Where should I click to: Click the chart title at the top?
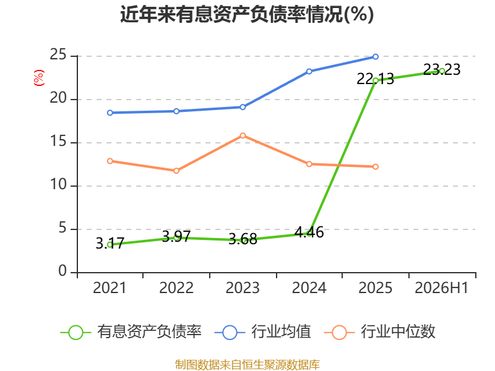point(247,14)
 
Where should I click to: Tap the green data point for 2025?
point(376,81)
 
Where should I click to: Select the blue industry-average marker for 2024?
point(309,72)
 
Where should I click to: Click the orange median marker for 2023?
point(243,135)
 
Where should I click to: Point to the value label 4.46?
point(309,232)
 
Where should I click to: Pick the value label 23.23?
point(442,69)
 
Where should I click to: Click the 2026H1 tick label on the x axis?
point(441,288)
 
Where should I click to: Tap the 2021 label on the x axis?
point(110,288)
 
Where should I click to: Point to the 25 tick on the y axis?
point(58,55)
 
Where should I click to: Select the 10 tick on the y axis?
point(58,184)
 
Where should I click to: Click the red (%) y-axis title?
point(39,78)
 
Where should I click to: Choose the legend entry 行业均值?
point(262,332)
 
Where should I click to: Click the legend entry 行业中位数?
point(379,332)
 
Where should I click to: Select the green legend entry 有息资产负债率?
point(131,332)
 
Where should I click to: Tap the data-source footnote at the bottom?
point(247,365)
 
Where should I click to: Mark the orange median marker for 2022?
point(176,171)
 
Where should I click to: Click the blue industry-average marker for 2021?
point(110,113)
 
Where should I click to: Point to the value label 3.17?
point(110,243)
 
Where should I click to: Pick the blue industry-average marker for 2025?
point(376,57)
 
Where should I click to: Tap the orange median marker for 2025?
point(376,166)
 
